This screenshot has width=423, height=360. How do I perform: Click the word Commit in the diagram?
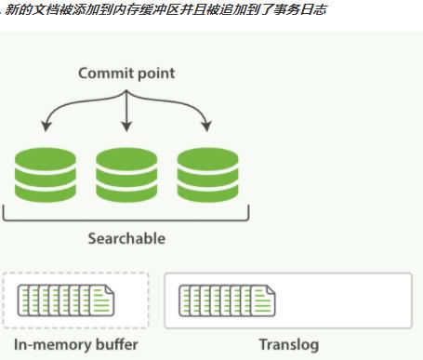[x=104, y=73]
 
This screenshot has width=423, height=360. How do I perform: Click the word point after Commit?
[x=153, y=73]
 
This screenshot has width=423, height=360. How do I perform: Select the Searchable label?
[x=126, y=238]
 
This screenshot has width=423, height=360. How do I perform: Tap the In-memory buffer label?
[x=75, y=345]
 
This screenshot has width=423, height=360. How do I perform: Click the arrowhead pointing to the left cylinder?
[x=45, y=127]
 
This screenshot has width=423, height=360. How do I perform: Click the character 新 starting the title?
[x=10, y=9]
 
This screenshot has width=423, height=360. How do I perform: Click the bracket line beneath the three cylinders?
[x=126, y=219]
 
